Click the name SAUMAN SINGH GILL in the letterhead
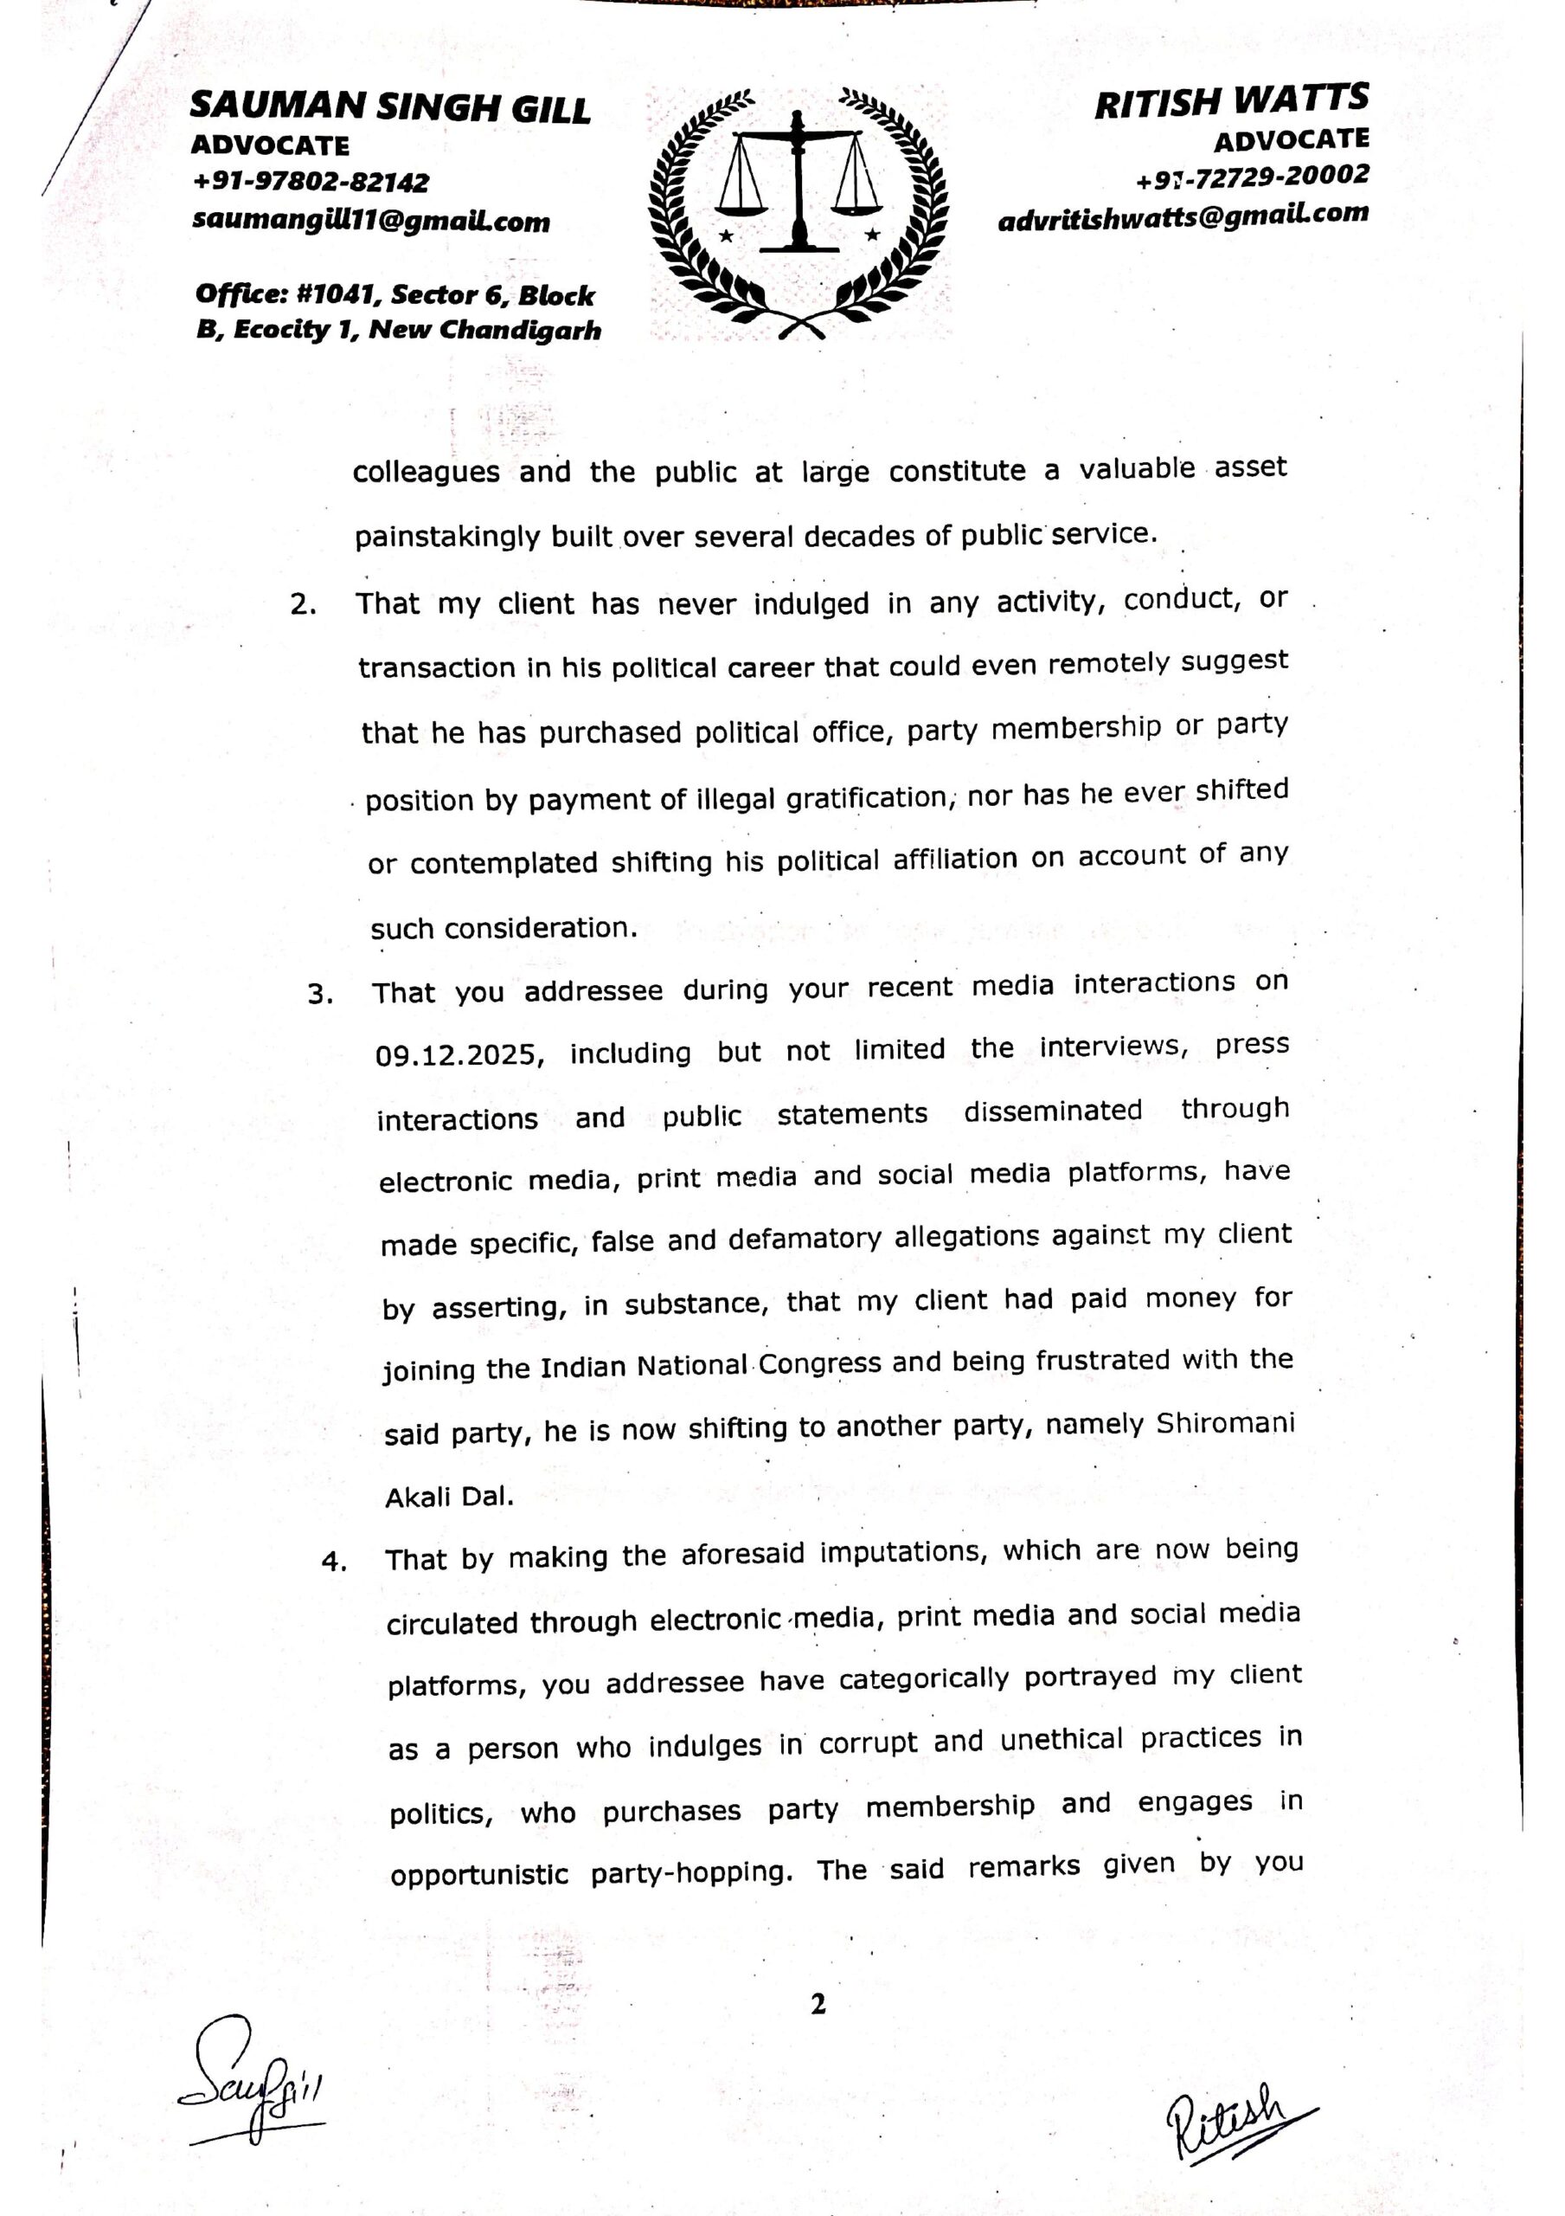pos(390,107)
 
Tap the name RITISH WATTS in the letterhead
pos(1231,101)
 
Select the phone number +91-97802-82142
pos(311,182)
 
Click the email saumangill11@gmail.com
pos(371,221)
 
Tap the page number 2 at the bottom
pos(818,2006)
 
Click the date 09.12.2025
pos(459,1054)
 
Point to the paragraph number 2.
pos(303,605)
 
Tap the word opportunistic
pos(478,1874)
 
